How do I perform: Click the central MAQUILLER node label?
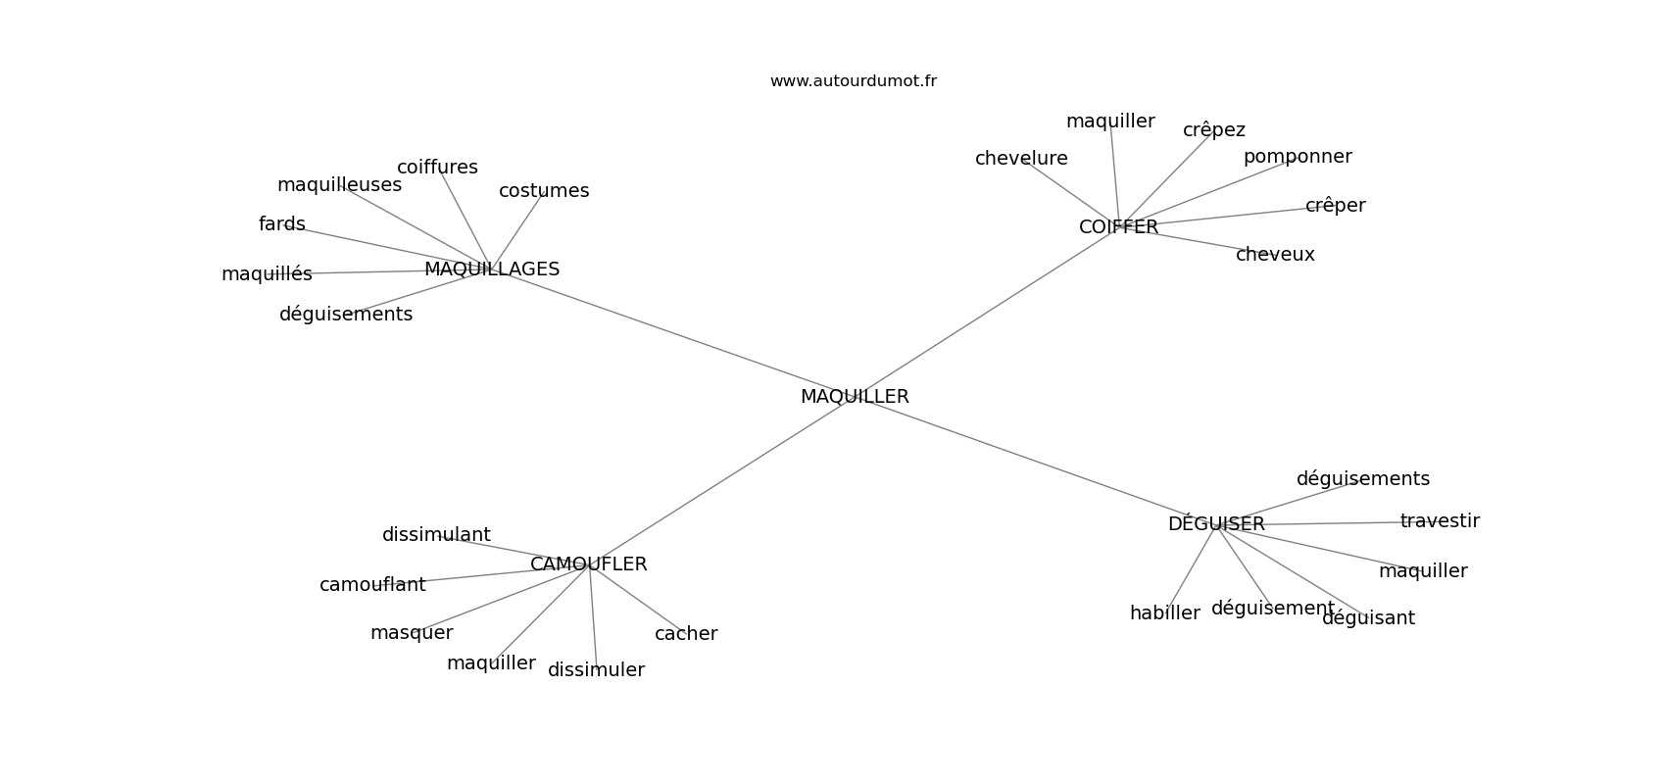click(855, 397)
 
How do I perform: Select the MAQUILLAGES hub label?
click(492, 269)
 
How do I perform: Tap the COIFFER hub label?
click(1118, 226)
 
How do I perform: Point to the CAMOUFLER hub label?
click(588, 564)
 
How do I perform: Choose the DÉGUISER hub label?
click(1216, 523)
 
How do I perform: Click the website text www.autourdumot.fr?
click(853, 81)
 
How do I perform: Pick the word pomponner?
click(1298, 158)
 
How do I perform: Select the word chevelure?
click(1021, 159)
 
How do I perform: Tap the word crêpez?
click(1214, 131)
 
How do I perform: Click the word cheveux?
click(1275, 255)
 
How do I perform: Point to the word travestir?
click(1440, 520)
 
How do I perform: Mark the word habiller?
click(1164, 612)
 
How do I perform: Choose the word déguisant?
click(1368, 618)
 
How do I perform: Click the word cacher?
click(686, 634)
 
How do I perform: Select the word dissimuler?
click(596, 670)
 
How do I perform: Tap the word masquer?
click(412, 634)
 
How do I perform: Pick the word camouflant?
click(372, 585)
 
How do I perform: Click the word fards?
click(282, 223)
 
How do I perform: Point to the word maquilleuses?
click(339, 185)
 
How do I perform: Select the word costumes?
click(544, 191)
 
